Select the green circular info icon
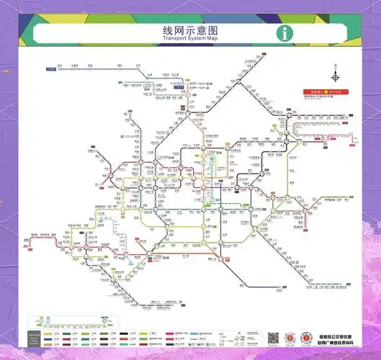pyautogui.click(x=287, y=33)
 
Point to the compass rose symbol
pyautogui.click(x=336, y=77)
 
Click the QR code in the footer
pyautogui.click(x=274, y=338)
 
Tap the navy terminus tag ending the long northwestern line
pyautogui.click(x=51, y=69)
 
